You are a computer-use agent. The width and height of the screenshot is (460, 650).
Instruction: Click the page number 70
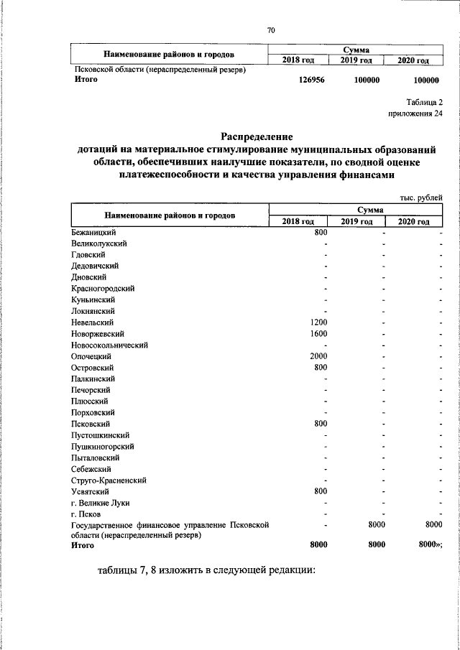tap(271, 29)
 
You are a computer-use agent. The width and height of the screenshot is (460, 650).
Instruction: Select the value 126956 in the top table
tap(312, 80)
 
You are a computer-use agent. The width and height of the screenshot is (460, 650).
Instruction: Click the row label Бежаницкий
tap(93, 232)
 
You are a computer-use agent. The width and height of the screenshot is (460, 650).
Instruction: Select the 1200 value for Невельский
tap(318, 322)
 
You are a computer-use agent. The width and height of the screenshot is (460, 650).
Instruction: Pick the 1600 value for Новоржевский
tap(318, 334)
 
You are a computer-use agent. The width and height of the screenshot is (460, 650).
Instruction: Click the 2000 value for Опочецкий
tap(318, 356)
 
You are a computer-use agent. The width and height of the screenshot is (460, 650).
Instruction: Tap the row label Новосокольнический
tap(110, 345)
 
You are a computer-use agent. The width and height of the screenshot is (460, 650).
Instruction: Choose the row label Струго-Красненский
tap(109, 480)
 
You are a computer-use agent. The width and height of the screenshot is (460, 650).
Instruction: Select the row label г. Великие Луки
tap(101, 503)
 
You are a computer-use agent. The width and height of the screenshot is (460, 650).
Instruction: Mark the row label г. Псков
tap(86, 514)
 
